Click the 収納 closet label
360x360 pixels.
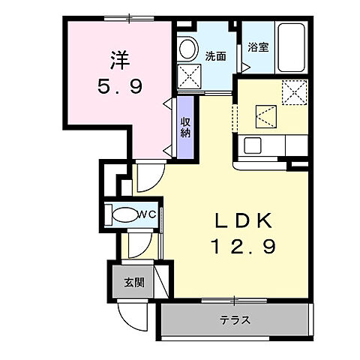click(185, 128)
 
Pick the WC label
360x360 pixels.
click(145, 214)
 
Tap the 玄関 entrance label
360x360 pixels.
click(134, 283)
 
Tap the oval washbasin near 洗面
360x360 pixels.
click(187, 46)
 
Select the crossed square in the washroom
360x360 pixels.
click(188, 76)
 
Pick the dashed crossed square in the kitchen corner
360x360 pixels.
click(295, 94)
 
